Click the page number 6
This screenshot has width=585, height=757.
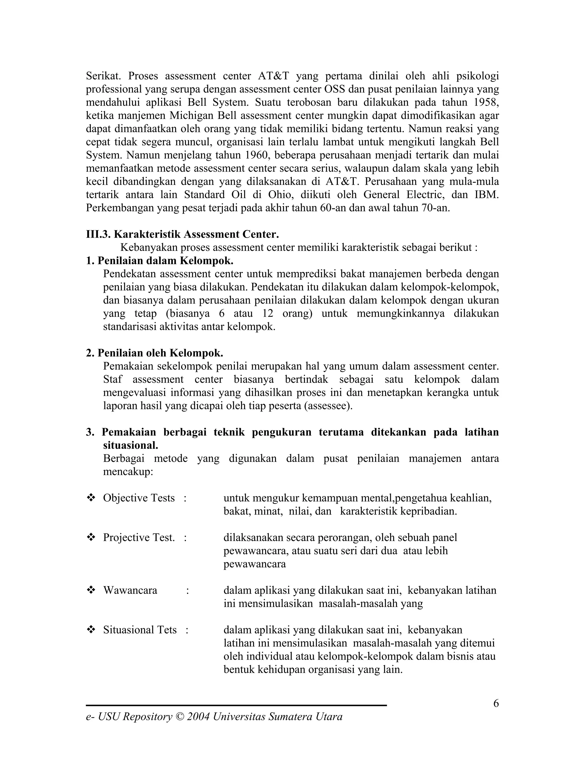coord(496,703)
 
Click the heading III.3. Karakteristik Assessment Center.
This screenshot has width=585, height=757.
coord(182,234)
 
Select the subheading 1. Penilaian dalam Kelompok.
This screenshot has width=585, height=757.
coord(159,261)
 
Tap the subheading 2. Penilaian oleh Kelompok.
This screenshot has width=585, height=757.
coord(155,353)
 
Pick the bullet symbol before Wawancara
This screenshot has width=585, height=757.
coord(91,590)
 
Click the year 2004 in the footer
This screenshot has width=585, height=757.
coord(199,717)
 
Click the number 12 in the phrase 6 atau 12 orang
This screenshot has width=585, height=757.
coord(268,314)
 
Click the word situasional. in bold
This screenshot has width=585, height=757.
coord(130,445)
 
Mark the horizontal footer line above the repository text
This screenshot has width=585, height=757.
coord(236,705)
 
